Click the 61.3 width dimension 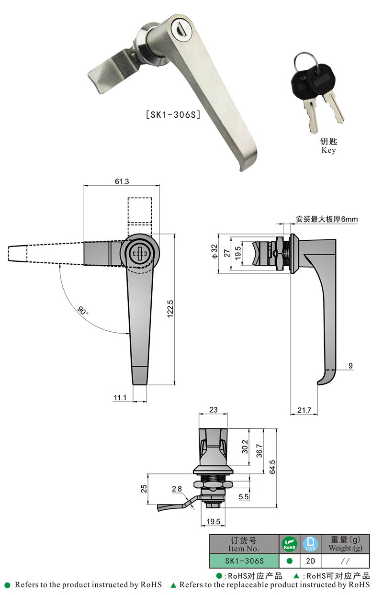122,181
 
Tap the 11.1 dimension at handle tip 120,397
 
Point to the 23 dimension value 213,409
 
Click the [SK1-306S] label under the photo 172,115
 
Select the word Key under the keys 328,150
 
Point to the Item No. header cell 244,544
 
